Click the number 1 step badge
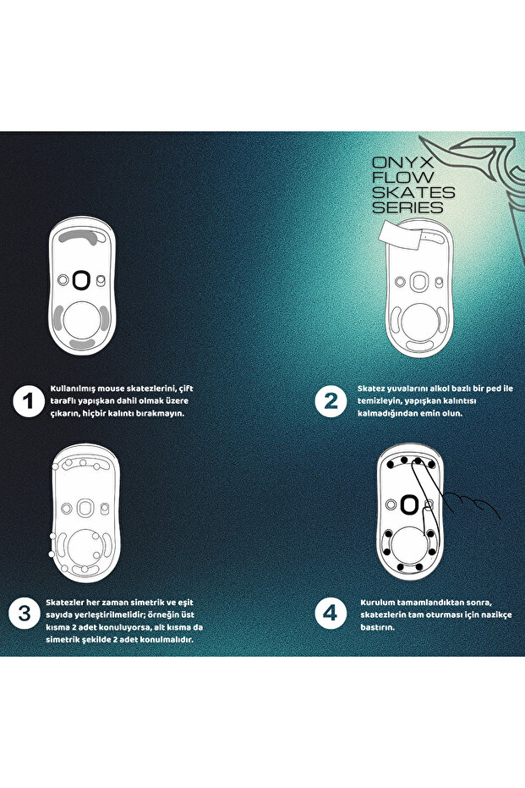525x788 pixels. [29, 401]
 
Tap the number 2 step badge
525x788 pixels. [330, 401]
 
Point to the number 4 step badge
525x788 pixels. [330, 613]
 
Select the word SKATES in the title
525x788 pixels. [413, 192]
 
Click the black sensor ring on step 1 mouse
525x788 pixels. [82, 279]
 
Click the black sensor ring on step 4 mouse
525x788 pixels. [409, 505]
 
